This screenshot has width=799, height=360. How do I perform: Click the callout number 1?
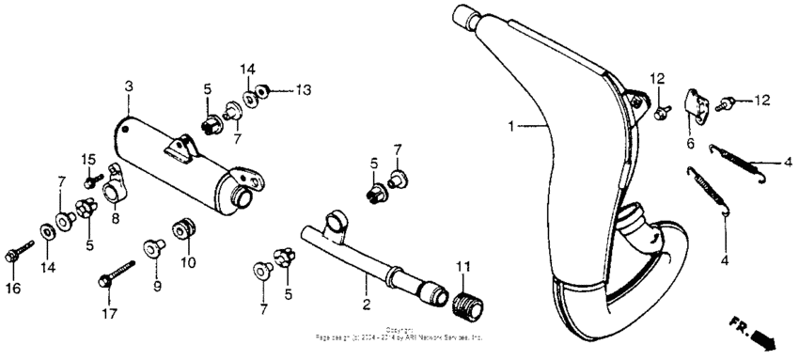[x=511, y=125]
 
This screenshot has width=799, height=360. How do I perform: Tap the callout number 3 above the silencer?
[x=129, y=87]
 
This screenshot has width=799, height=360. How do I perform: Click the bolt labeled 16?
[x=17, y=253]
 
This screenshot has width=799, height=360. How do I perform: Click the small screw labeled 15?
[x=91, y=181]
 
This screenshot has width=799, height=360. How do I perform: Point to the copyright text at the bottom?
[x=399, y=334]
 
